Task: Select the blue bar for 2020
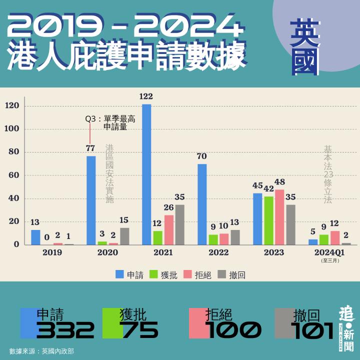click(x=91, y=200)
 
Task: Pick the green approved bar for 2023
click(x=268, y=220)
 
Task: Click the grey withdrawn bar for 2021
click(x=179, y=224)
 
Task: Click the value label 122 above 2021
click(x=146, y=96)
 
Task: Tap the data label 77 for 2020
click(x=90, y=148)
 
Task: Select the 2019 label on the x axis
click(x=52, y=253)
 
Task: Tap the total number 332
click(x=65, y=330)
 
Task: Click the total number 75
click(x=140, y=330)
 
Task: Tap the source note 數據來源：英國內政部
click(x=41, y=351)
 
